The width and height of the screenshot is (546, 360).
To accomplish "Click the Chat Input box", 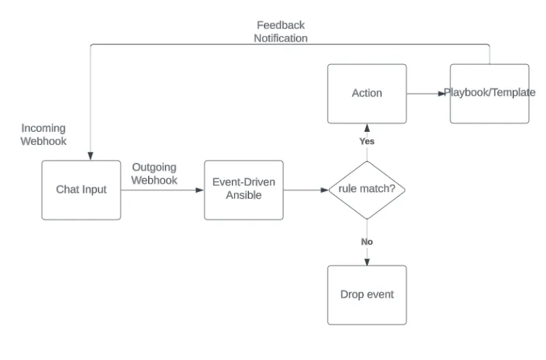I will pyautogui.click(x=81, y=190).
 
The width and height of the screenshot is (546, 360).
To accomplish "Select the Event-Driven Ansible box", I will pyautogui.click(x=244, y=190).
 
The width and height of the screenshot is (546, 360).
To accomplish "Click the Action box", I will pyautogui.click(x=367, y=94).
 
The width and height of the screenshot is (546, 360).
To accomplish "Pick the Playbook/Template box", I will pyautogui.click(x=489, y=94).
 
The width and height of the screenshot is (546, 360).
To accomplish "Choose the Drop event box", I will pyautogui.click(x=367, y=295).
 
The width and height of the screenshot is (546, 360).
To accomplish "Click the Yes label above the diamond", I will pyautogui.click(x=367, y=141).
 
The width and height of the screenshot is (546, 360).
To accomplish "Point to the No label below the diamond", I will pyautogui.click(x=367, y=242).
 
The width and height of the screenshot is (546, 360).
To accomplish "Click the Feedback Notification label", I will pyautogui.click(x=281, y=32).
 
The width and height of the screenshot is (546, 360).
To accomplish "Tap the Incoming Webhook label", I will pyautogui.click(x=43, y=135).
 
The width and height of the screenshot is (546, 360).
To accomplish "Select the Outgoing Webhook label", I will pyautogui.click(x=154, y=174).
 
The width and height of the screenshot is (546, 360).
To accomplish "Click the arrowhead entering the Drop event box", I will pyautogui.click(x=367, y=262).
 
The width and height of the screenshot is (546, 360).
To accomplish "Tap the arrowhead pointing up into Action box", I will pyautogui.click(x=367, y=128).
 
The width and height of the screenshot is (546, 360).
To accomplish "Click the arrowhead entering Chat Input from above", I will pyautogui.click(x=91, y=156).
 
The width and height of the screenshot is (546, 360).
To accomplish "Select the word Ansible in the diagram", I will pyautogui.click(x=244, y=196).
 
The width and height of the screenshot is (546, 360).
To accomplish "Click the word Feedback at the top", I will pyautogui.click(x=281, y=25).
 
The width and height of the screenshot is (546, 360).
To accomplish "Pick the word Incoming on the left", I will pyautogui.click(x=43, y=128).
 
